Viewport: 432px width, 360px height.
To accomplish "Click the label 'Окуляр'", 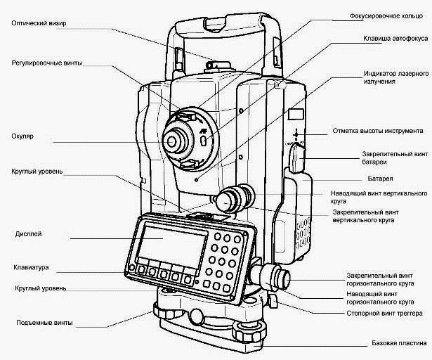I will (23, 135).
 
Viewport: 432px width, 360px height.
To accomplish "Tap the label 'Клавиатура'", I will (31, 268).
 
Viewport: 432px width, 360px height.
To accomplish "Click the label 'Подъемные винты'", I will (44, 323).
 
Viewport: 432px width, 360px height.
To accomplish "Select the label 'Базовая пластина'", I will (398, 344).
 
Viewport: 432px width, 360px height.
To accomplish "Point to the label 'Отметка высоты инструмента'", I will (377, 131).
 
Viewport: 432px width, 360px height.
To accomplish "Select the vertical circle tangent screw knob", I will (230, 200).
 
